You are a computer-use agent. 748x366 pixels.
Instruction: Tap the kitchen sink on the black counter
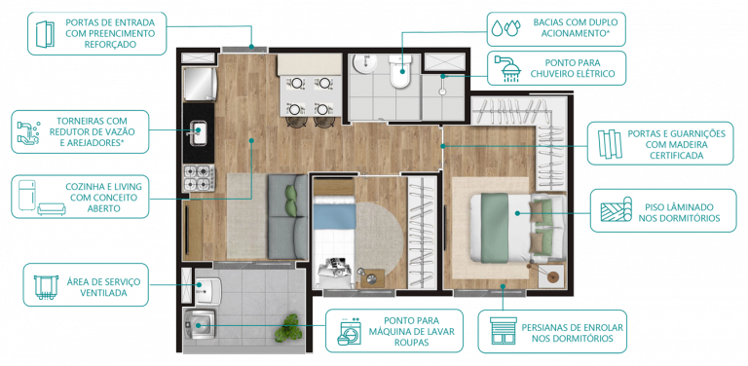[x=198, y=132]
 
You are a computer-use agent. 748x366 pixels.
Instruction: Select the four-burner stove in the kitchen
[x=198, y=177]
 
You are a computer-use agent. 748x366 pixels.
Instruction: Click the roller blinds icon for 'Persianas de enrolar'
[x=502, y=333]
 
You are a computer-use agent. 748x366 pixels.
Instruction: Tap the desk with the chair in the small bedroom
[x=336, y=274]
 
